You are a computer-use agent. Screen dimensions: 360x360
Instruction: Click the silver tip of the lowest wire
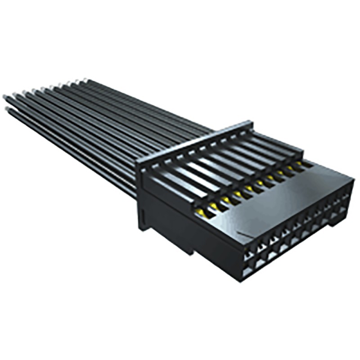8,109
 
